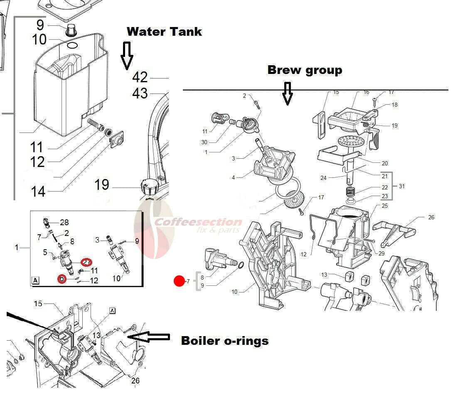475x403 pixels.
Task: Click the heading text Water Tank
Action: [x=164, y=32]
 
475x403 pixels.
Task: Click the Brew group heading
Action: [x=305, y=70]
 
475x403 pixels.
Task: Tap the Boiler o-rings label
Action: [x=225, y=341]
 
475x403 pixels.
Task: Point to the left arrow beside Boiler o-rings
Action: [x=148, y=337]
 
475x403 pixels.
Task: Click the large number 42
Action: [x=140, y=77]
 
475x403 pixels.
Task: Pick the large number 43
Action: [x=140, y=93]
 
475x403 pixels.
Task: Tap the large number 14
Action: [x=38, y=192]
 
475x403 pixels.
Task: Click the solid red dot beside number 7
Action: [x=180, y=281]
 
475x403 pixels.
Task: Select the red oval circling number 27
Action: [x=86, y=262]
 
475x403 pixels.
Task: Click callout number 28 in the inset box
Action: [x=64, y=223]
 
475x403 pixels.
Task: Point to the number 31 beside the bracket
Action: [x=402, y=186]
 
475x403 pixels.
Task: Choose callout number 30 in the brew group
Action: [x=204, y=143]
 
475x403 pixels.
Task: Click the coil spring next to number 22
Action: [x=350, y=192]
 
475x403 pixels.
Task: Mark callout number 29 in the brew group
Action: [x=381, y=253]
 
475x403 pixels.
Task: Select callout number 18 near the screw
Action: [x=394, y=105]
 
